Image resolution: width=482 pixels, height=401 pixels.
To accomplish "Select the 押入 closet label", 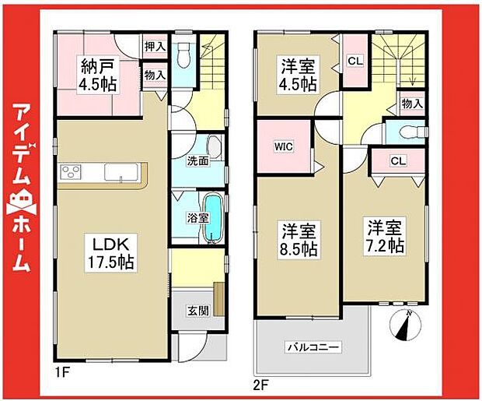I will pos(155,47).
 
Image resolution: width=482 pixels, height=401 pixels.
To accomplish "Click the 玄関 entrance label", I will pos(197,311).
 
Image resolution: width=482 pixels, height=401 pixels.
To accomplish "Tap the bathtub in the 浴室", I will pos(215,219).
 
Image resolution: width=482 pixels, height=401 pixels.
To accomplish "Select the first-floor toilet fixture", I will pos(183,55).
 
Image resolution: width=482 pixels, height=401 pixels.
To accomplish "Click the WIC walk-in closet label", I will pos(282,146).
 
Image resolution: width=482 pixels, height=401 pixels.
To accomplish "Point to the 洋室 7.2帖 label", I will pos(385,236).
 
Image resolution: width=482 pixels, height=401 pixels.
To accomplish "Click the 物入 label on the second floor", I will pos(412,102).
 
